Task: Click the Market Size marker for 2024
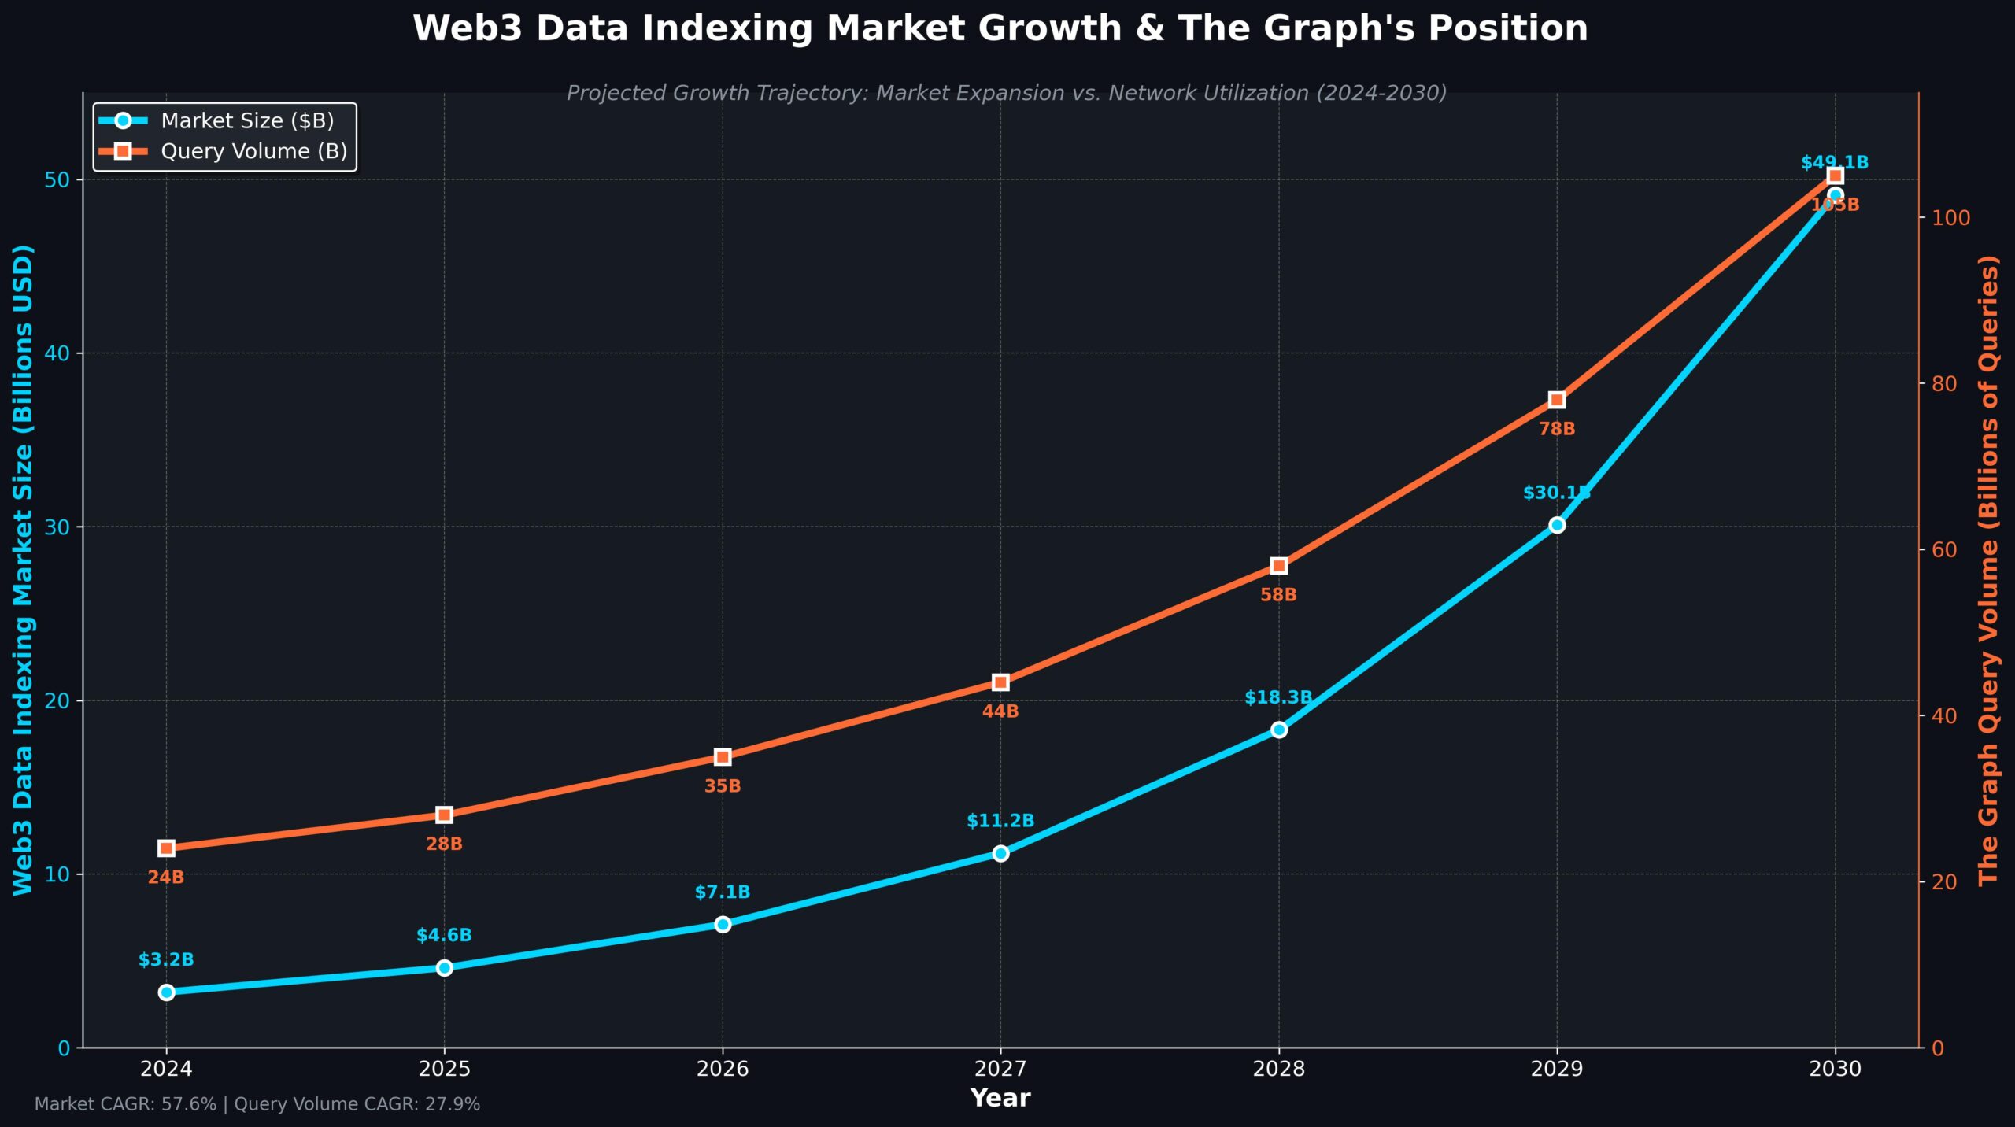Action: [x=166, y=992]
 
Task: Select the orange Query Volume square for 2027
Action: [x=1000, y=682]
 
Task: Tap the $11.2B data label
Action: [x=1000, y=821]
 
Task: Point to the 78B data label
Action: [x=1556, y=429]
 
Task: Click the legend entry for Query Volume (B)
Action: [x=253, y=151]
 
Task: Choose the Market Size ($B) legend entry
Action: [x=247, y=120]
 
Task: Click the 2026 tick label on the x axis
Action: [x=722, y=1069]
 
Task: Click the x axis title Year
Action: [x=1000, y=1098]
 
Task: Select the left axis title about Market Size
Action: [x=24, y=570]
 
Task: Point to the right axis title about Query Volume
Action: [x=1988, y=570]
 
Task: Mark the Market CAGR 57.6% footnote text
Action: [x=125, y=1104]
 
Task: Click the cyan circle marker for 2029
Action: [x=1556, y=525]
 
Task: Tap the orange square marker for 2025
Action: [x=444, y=815]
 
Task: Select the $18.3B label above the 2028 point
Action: [x=1277, y=697]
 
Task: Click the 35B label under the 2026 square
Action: [x=722, y=786]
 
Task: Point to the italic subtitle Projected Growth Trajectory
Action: [x=1006, y=93]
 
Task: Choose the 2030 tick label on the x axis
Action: [x=1835, y=1069]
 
